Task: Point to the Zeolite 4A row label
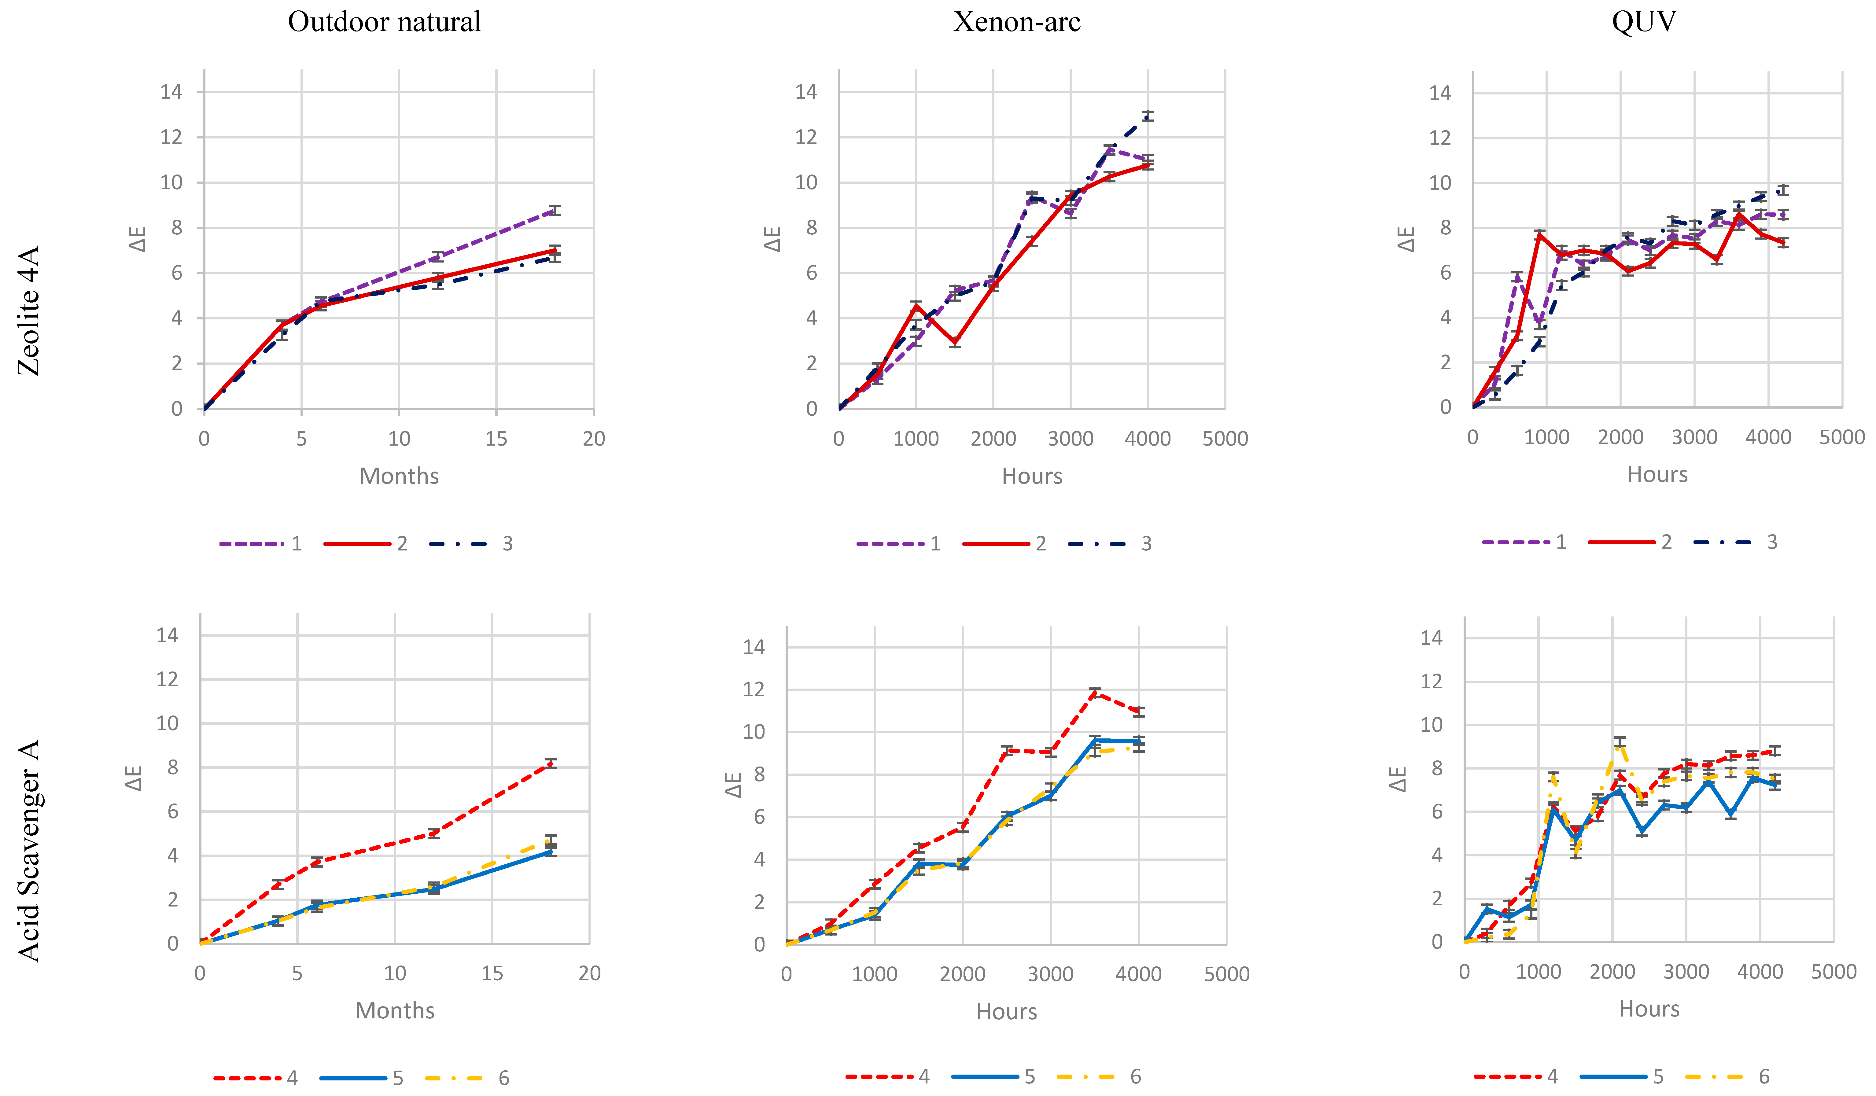pyautogui.click(x=28, y=311)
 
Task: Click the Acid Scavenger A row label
pyautogui.click(x=28, y=850)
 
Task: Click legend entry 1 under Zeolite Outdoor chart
pyautogui.click(x=260, y=543)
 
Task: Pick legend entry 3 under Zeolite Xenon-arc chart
pyautogui.click(x=1109, y=543)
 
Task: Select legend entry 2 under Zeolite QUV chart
pyautogui.click(x=1630, y=542)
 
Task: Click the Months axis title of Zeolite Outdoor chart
pyautogui.click(x=399, y=476)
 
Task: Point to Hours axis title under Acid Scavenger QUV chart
pyautogui.click(x=1649, y=1009)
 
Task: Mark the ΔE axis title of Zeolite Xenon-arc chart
pyautogui.click(x=773, y=240)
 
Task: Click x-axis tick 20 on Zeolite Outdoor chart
pyautogui.click(x=593, y=439)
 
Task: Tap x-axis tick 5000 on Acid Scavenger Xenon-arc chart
pyautogui.click(x=1226, y=974)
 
